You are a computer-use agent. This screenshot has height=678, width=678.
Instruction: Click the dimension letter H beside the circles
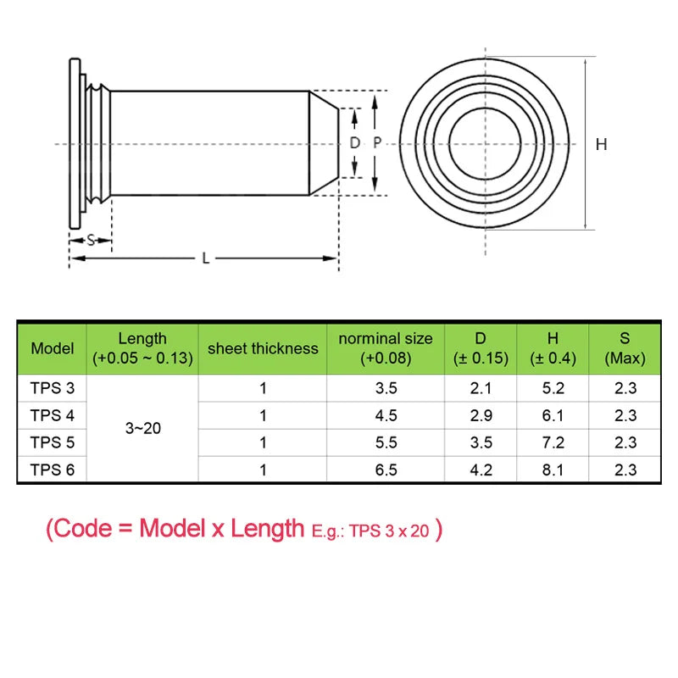(x=601, y=144)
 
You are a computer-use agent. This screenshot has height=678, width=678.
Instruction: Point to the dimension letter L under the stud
(x=205, y=258)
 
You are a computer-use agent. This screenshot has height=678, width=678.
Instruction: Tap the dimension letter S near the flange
(x=91, y=240)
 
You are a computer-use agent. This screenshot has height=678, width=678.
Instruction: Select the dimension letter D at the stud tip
(x=355, y=143)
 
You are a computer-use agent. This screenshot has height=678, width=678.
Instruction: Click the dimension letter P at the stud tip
(x=377, y=143)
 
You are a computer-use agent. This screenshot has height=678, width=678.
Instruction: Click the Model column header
(x=53, y=348)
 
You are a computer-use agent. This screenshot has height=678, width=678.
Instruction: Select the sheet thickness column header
(x=263, y=348)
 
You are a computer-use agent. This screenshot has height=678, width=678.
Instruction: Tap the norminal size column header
(x=386, y=348)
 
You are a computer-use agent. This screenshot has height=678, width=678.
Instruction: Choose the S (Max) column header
(x=625, y=348)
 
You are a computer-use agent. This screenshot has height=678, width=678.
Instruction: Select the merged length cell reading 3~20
(x=142, y=429)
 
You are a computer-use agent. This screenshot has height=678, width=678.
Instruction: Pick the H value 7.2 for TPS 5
(x=553, y=442)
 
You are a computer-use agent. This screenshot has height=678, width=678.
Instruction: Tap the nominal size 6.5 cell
(x=386, y=469)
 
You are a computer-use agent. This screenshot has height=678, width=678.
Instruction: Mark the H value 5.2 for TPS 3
(x=553, y=388)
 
